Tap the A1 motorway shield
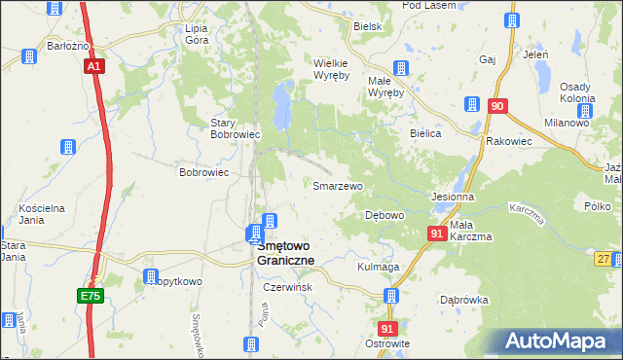(93, 66)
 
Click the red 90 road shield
(497, 106)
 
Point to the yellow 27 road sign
(605, 258)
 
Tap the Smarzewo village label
(337, 185)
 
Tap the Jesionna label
(453, 196)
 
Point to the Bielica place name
(426, 133)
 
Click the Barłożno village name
(68, 46)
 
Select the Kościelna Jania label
(42, 214)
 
